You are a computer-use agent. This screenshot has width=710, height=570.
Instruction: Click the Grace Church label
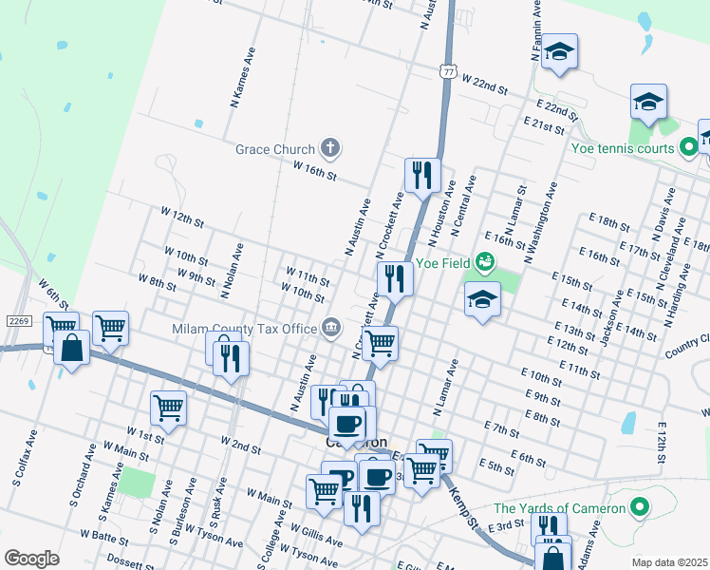(274, 149)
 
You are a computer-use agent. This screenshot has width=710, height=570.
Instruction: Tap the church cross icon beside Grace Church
(329, 147)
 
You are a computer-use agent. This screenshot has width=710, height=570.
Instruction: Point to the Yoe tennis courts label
(622, 148)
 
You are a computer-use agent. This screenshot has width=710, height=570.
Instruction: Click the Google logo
(31, 558)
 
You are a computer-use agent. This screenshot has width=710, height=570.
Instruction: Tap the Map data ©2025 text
(669, 562)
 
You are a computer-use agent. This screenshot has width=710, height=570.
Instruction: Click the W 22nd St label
(485, 85)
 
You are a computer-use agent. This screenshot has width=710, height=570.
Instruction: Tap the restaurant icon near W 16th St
(422, 174)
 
